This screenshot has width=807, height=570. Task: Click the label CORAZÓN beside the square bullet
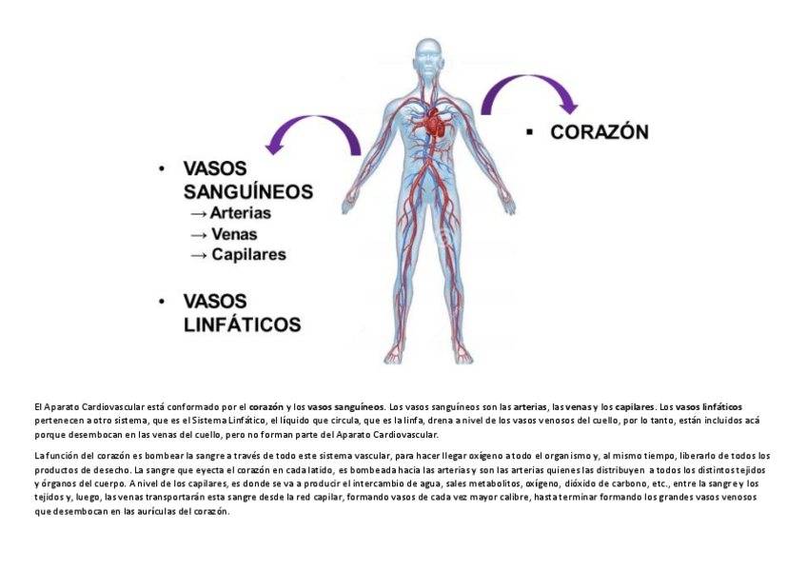(600, 132)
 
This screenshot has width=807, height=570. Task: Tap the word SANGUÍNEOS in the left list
(246, 191)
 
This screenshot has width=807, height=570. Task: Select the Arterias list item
(241, 213)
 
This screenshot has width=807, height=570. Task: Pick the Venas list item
(234, 234)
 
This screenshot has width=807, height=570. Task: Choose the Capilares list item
(248, 255)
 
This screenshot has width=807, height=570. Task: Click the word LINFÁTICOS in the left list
(242, 324)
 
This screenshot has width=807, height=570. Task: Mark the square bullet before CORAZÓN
(529, 132)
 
